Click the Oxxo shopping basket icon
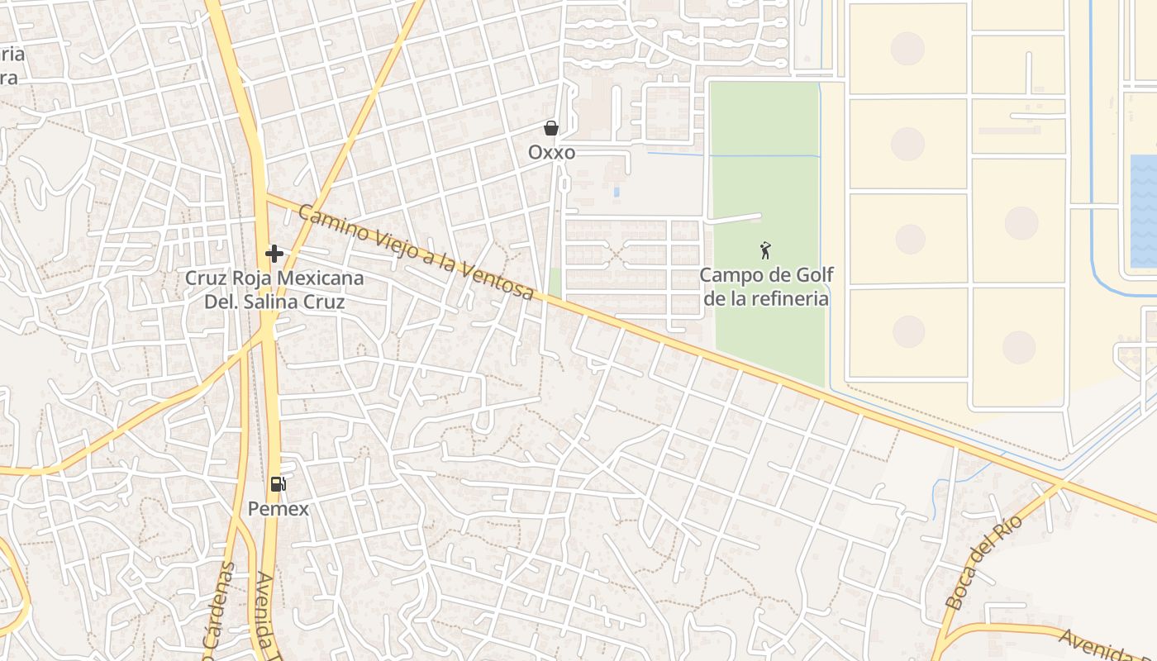551,128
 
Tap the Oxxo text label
551,153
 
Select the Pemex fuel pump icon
279,484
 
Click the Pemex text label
279,509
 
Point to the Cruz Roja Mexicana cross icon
274,254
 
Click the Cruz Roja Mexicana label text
274,278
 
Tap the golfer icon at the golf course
766,250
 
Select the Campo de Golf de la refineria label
766,287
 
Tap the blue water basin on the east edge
1143,211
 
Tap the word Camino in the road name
325,221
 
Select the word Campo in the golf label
729,275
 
